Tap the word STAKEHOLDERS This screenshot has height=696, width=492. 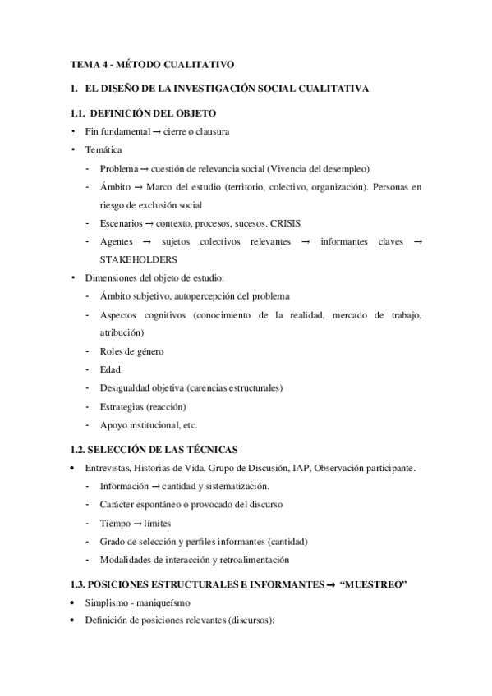click(x=138, y=259)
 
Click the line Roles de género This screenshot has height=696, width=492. click(x=131, y=351)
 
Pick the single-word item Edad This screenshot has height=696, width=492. click(x=110, y=369)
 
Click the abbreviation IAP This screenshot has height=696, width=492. click(x=301, y=468)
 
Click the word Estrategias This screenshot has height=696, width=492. click(x=123, y=406)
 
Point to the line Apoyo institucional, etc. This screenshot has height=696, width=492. click(x=149, y=425)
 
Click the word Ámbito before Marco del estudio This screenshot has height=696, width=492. click(x=114, y=186)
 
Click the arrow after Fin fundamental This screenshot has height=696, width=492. click(x=155, y=131)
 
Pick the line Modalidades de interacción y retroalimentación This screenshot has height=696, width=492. click(x=195, y=560)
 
